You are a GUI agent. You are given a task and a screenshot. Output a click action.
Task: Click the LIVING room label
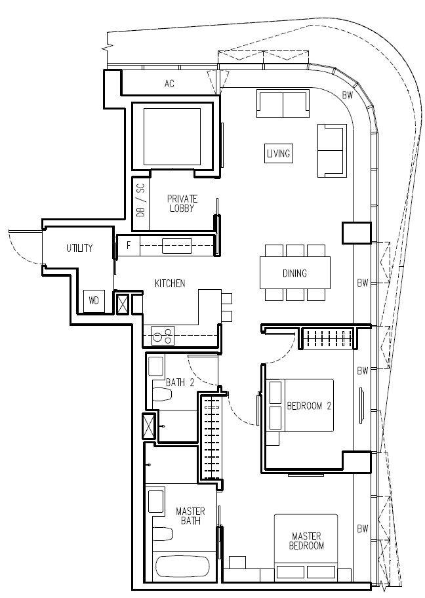tap(279, 153)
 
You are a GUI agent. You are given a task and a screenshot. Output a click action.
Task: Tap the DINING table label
tap(294, 273)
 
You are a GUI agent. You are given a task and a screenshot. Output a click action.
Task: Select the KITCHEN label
tap(170, 283)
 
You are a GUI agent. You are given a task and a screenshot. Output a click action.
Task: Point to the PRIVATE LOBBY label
tap(182, 203)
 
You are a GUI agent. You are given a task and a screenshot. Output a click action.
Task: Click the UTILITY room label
tap(79, 248)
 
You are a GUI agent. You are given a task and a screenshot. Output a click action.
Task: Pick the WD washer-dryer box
tap(94, 301)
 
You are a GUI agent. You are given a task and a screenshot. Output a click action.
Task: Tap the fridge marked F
tap(128, 246)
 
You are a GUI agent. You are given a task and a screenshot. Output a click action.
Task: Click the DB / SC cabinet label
tap(141, 200)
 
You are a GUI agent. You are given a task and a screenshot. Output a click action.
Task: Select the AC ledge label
tap(169, 83)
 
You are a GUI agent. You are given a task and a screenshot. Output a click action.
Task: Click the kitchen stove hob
tap(163, 336)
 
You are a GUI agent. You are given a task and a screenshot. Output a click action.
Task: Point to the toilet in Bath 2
tap(163, 394)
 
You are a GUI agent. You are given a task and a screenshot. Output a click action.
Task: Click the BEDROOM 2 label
tap(309, 406)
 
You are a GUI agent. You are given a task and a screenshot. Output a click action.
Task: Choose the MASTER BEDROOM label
tap(306, 541)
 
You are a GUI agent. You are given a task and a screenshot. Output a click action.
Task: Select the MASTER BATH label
tap(190, 516)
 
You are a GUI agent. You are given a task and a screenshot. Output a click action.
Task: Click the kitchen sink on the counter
tap(177, 246)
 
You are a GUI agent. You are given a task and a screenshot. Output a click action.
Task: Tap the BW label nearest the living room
tap(347, 95)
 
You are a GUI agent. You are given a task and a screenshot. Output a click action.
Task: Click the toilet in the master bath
tap(163, 534)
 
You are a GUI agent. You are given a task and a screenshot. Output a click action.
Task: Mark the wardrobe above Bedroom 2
tap(328, 338)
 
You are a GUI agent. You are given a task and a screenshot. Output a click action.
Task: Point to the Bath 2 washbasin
tap(155, 366)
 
